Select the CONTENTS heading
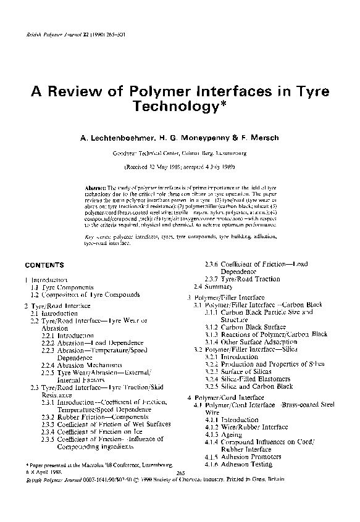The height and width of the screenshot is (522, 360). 44,265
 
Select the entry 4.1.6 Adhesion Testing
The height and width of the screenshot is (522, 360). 238,464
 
